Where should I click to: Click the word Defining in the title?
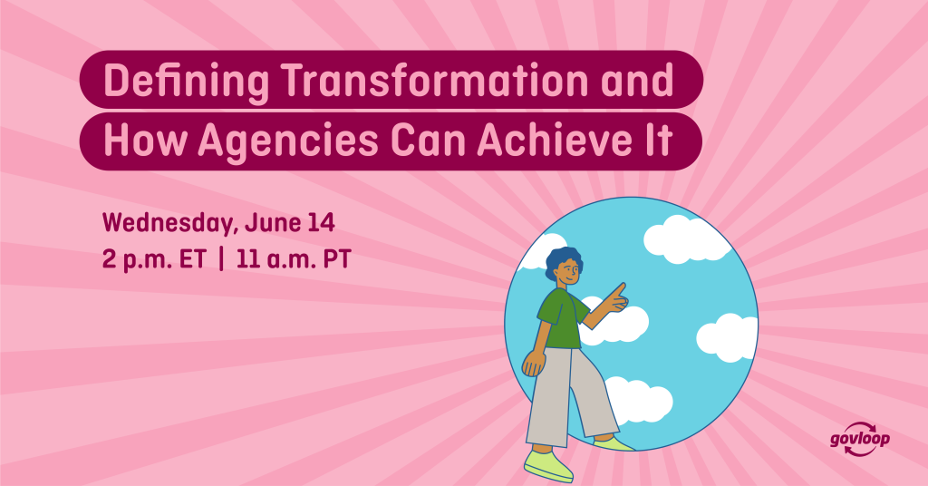[186, 81]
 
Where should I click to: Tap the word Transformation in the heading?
[435, 80]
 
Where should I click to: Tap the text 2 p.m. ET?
[154, 260]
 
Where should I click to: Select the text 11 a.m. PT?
[294, 260]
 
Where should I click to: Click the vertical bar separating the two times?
[221, 259]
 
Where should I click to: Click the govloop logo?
[860, 440]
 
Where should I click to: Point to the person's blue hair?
[563, 261]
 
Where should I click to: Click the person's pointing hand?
[616, 297]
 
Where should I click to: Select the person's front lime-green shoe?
[548, 464]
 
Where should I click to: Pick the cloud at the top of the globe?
[687, 238]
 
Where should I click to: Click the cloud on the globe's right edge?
[728, 337]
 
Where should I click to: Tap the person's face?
[569, 274]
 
